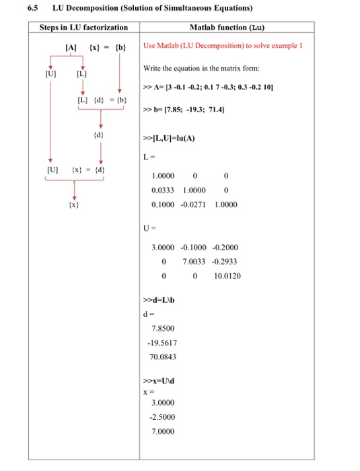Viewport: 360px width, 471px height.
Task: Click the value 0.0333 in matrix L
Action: click(166, 190)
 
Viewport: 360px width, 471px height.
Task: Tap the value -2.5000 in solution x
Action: click(165, 418)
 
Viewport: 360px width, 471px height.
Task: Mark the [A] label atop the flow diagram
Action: click(68, 48)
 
